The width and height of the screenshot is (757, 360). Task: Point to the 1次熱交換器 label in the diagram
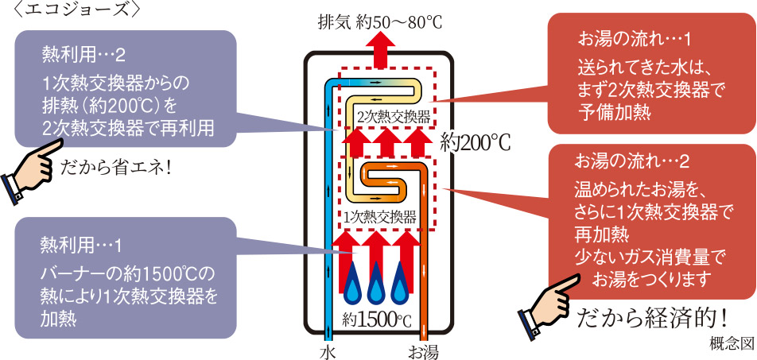point(379,215)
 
